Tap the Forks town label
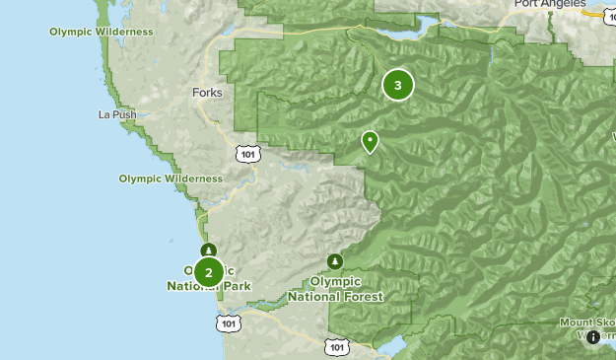(x=208, y=93)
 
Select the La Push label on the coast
(x=117, y=114)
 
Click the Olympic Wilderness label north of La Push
(x=102, y=32)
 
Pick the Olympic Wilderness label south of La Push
(x=171, y=179)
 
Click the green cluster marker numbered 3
(x=397, y=85)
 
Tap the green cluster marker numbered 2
(x=208, y=271)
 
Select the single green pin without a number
(x=370, y=142)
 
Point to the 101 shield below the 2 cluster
(x=229, y=323)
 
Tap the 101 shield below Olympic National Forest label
(x=336, y=346)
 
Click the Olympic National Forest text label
(x=335, y=288)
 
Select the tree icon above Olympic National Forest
(x=335, y=261)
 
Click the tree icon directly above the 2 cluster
(x=208, y=250)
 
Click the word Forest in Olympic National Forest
(x=361, y=296)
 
